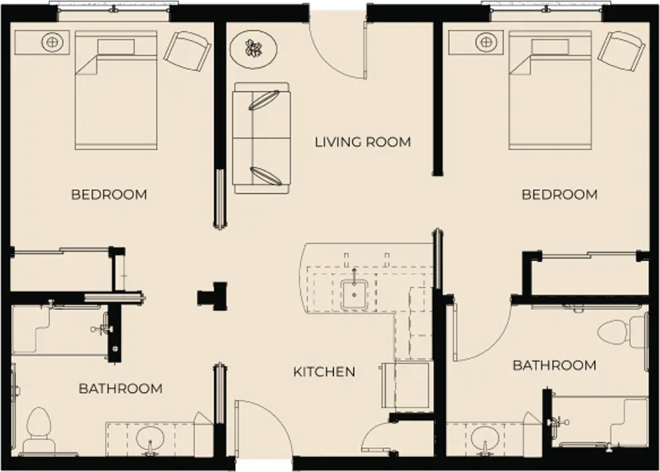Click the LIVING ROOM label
tap(363, 142)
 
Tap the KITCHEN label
tap(324, 372)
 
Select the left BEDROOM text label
tap(109, 194)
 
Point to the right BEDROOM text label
tap(559, 194)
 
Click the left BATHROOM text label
tap(120, 388)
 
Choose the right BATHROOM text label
tap(554, 365)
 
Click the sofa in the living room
tap(262, 138)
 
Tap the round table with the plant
tap(254, 49)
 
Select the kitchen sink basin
tap(354, 295)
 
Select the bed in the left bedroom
tap(116, 90)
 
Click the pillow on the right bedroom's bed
tap(550, 47)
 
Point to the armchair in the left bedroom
tap(188, 51)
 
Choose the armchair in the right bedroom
tap(621, 51)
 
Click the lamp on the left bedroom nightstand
tap(52, 42)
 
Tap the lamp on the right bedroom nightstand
tap(486, 42)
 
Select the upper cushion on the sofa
tap(263, 100)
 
